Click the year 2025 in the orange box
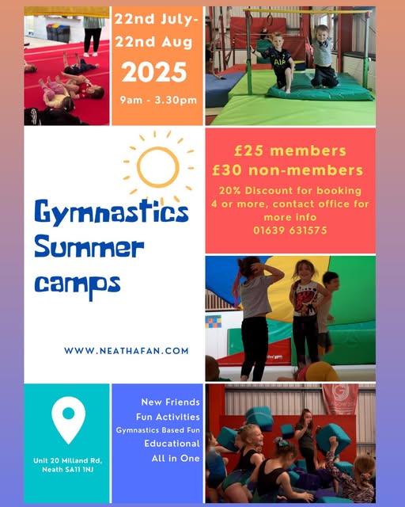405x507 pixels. [x=154, y=72]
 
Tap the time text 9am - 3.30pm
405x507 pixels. [x=158, y=100]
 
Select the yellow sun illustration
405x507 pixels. [x=158, y=167]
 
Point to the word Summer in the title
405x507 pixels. [x=89, y=247]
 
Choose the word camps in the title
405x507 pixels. [x=78, y=285]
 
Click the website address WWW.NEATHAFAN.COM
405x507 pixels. [x=127, y=351]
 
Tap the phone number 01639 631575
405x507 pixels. [x=290, y=231]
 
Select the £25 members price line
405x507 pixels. [x=290, y=151]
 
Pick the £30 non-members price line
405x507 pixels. [x=287, y=170]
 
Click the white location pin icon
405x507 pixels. [x=69, y=420]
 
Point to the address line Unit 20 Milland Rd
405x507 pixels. [x=67, y=460]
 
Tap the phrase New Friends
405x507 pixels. [x=171, y=402]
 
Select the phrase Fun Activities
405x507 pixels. [x=168, y=417]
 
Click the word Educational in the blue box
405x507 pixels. [x=172, y=444]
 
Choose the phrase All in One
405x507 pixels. [x=176, y=458]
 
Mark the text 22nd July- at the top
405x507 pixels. [x=157, y=19]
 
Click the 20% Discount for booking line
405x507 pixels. [x=290, y=190]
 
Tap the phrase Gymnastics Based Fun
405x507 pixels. [x=158, y=430]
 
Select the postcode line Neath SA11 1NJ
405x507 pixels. [x=68, y=470]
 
